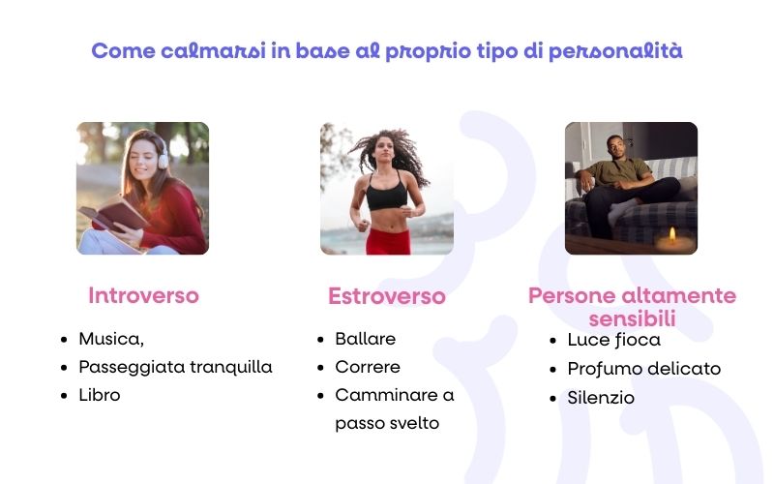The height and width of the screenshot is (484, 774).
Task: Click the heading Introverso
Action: [x=143, y=296]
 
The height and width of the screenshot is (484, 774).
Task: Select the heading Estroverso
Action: [x=386, y=296]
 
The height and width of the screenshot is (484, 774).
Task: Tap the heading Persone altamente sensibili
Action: [x=632, y=307]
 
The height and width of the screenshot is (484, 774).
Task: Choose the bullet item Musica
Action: [x=111, y=340]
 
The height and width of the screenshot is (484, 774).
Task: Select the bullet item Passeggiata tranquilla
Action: [x=175, y=367]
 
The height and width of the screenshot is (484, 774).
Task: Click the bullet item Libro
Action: [x=100, y=395]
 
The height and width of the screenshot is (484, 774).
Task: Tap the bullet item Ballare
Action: [x=365, y=339]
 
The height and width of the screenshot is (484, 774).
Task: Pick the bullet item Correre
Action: [x=367, y=367]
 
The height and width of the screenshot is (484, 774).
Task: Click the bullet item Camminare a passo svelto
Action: [x=394, y=408]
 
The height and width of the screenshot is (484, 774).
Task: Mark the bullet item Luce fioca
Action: [x=613, y=340]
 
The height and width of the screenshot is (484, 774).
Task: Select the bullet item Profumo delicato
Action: [x=643, y=368]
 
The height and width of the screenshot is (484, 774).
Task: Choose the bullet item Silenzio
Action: [x=601, y=397]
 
